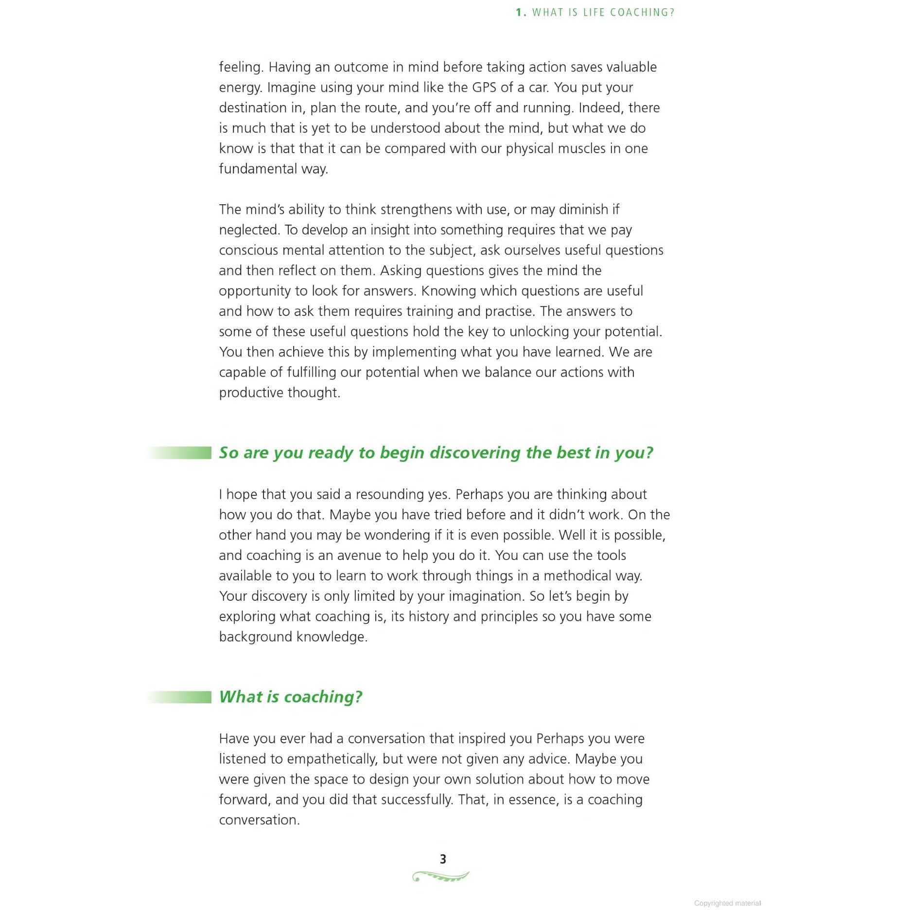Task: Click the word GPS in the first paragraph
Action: tap(484, 87)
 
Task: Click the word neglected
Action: tap(249, 230)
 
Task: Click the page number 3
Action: tap(443, 859)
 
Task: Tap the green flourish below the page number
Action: tap(440, 876)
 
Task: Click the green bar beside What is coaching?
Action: tap(180, 697)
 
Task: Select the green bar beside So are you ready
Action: tap(180, 453)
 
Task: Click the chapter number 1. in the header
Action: tap(521, 13)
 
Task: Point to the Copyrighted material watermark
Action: tap(727, 903)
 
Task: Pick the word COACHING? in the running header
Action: tap(642, 13)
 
